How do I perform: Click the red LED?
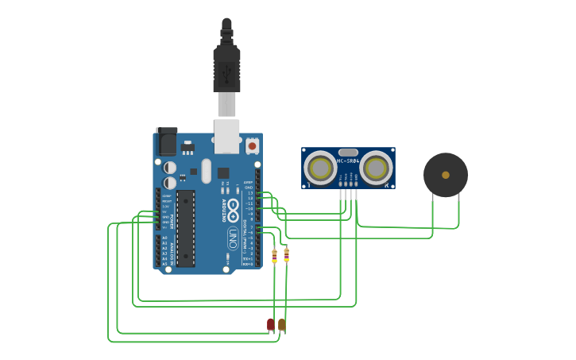(270, 323)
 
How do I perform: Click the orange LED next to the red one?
(282, 323)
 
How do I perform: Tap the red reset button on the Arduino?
(252, 145)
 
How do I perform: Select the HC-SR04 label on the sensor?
(348, 161)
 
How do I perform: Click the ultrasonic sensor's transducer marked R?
(376, 168)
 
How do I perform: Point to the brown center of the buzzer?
(446, 175)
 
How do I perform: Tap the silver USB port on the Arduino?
(227, 135)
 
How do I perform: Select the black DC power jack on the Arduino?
(167, 141)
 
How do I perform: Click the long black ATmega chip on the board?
(185, 228)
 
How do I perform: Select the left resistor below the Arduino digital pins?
(274, 255)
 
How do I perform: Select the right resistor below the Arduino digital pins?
(286, 255)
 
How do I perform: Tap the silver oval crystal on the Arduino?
(206, 170)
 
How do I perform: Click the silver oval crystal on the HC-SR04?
(348, 152)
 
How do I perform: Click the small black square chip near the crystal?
(223, 172)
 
